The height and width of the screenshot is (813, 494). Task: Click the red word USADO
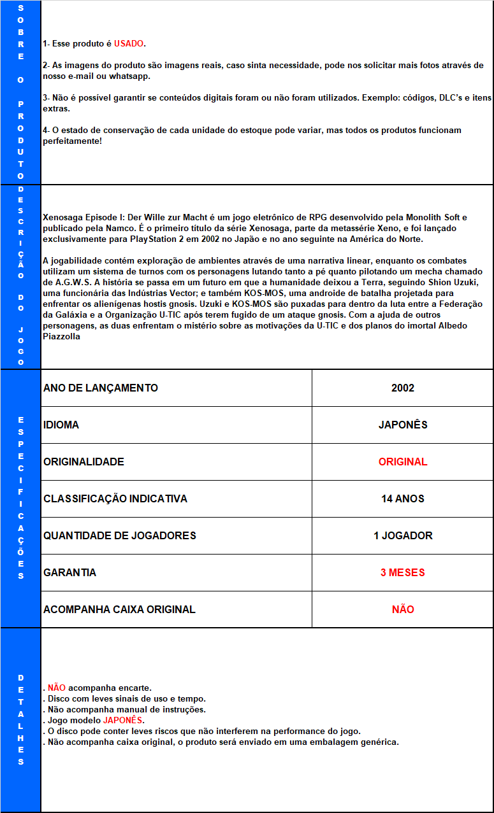click(x=129, y=44)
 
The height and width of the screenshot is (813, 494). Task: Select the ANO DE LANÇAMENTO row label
click(x=101, y=388)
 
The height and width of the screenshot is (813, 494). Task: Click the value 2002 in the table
click(x=403, y=388)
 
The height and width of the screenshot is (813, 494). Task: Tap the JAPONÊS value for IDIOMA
click(x=403, y=425)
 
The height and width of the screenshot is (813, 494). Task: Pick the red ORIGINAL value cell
click(x=403, y=462)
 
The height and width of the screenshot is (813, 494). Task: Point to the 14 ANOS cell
click(x=403, y=498)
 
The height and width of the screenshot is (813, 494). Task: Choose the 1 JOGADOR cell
click(x=403, y=535)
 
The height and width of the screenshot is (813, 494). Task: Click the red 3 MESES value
click(x=403, y=572)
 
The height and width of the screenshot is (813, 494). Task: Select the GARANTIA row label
click(x=70, y=572)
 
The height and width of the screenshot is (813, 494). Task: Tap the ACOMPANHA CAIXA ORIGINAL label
click(x=119, y=609)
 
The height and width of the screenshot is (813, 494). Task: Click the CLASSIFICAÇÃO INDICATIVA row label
click(x=115, y=498)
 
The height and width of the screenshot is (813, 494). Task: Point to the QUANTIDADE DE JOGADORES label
click(x=120, y=535)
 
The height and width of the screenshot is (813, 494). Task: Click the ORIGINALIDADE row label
click(x=84, y=462)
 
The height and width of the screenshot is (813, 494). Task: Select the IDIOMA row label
click(x=61, y=425)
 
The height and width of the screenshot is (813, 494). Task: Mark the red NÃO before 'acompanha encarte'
click(x=57, y=688)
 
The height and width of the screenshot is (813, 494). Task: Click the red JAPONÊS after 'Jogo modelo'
click(x=123, y=720)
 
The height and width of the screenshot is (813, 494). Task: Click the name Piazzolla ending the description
click(x=62, y=336)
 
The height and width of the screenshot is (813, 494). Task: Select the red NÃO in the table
click(x=403, y=609)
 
